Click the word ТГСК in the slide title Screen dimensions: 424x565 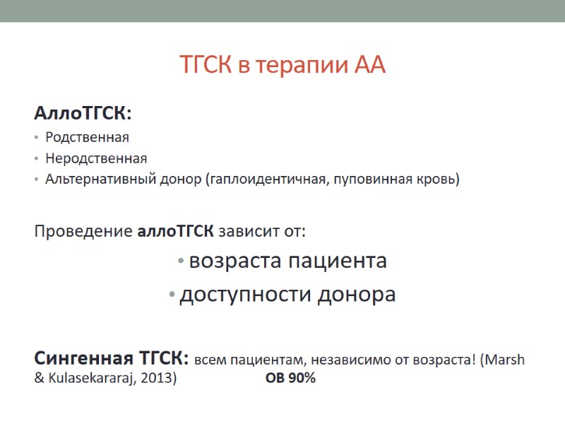pos(206,66)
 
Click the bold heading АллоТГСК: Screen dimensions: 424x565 pos(83,114)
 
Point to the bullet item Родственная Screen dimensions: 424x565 pos(87,137)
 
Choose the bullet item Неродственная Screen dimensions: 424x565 pos(96,158)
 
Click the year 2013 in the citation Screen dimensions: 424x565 pos(158,378)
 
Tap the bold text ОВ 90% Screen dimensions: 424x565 pos(290,378)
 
